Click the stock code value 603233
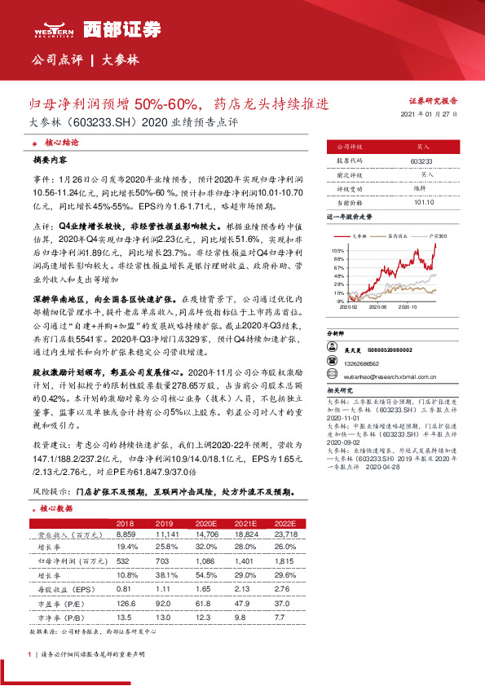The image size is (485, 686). [x=421, y=162]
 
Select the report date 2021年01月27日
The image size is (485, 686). [x=430, y=116]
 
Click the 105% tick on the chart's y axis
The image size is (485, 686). [x=337, y=250]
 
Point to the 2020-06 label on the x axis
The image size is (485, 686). [x=377, y=307]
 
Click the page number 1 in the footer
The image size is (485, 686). [x=29, y=653]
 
